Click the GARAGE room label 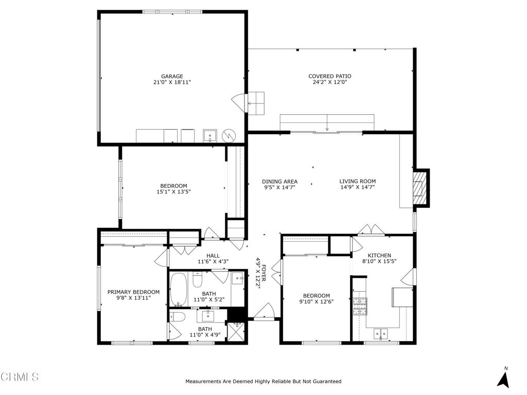point(172,76)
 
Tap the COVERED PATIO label point(330,76)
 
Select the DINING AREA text point(279,182)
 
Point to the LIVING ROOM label point(357,182)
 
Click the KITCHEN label point(379,255)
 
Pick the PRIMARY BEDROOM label point(133,292)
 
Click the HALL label point(213,256)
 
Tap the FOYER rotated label point(264,273)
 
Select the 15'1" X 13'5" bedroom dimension point(173,192)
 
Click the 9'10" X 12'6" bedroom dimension point(317,301)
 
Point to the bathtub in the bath point(178,289)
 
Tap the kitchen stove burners point(360,307)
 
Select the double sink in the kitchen point(380,333)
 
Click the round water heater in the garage point(229,136)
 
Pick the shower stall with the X point(237,332)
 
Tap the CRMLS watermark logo point(20,376)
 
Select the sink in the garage point(210,136)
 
